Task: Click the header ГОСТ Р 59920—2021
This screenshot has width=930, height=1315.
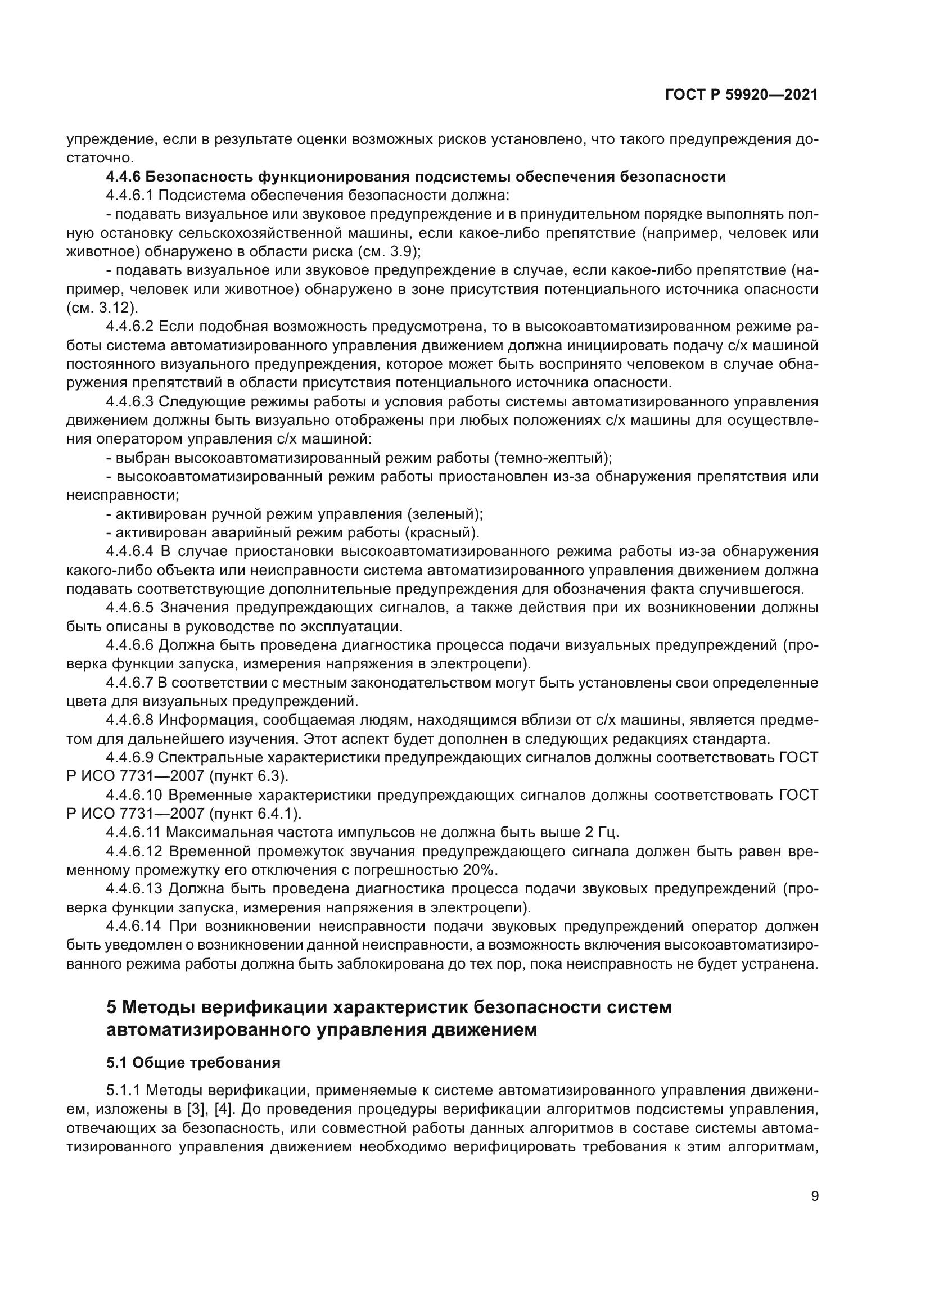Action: coord(741,95)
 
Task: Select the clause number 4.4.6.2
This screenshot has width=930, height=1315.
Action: coord(129,327)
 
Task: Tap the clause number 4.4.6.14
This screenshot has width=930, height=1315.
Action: coord(133,926)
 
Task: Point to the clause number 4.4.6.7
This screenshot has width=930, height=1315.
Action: coord(129,683)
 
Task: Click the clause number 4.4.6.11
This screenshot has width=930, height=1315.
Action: coord(133,832)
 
